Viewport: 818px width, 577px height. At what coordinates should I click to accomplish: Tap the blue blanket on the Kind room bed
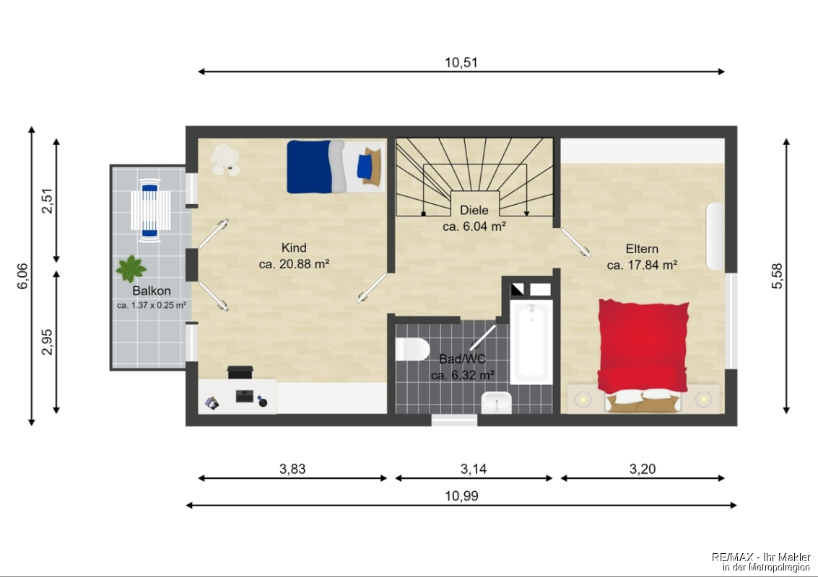pos(309,167)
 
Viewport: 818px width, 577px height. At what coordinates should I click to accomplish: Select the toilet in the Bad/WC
pos(412,349)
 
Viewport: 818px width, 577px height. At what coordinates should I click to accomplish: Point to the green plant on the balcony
pos(131,268)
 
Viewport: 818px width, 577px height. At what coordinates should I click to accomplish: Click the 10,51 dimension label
pos(461,63)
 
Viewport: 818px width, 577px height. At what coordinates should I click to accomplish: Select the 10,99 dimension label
pos(461,496)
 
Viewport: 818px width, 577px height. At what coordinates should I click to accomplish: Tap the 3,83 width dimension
pos(292,469)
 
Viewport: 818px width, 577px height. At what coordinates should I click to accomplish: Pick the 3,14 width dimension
pos(473,469)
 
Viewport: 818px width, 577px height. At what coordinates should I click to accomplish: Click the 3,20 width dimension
pos(642,469)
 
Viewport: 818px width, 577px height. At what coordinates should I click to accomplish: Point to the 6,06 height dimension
pos(22,276)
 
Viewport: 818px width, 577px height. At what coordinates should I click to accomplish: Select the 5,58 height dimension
pos(777,276)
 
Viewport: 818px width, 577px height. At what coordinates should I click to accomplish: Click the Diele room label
pos(474,210)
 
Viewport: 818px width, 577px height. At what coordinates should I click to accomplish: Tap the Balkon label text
pos(152,291)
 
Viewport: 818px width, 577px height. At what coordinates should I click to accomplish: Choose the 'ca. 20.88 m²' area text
pos(294,264)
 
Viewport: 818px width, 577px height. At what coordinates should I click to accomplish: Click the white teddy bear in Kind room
pos(225,159)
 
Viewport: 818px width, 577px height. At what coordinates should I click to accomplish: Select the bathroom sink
pos(496,402)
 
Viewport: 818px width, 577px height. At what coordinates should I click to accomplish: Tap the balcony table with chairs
pos(150,210)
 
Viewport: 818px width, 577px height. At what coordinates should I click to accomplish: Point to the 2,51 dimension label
pos(48,201)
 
